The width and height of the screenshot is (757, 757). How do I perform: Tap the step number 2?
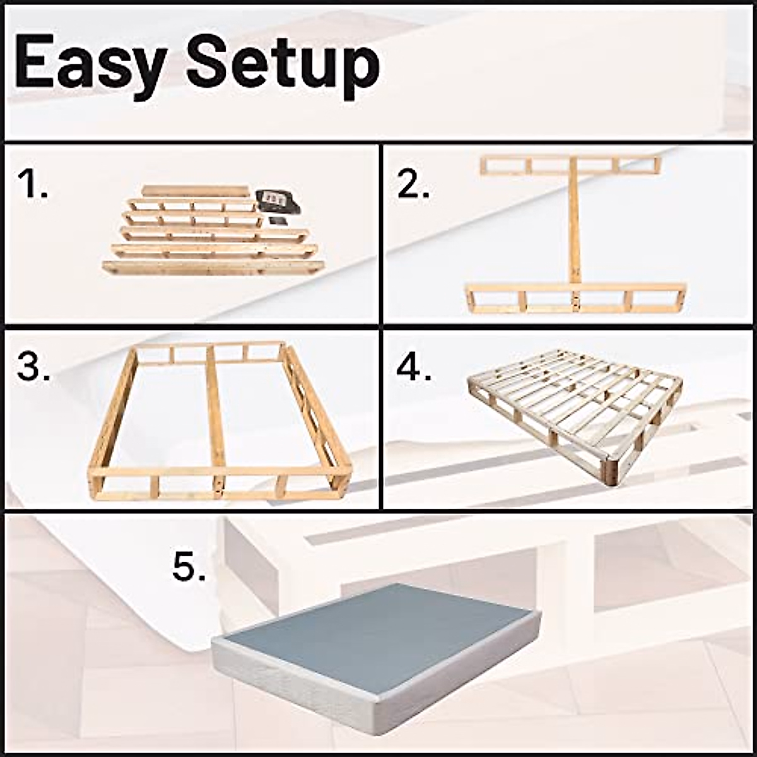[x=413, y=184]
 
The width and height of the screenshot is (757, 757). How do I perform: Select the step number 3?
[x=33, y=367]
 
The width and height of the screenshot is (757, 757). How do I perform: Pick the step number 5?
[x=189, y=568]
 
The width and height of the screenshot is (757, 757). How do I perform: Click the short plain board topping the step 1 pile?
[x=196, y=191]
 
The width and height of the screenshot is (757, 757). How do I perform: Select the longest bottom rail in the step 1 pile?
[x=213, y=267]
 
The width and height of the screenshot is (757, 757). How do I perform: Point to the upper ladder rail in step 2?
[x=570, y=165]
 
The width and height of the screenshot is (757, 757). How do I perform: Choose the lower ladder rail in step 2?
[x=575, y=298]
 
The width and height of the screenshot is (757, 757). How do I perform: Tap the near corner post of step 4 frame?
[x=610, y=470]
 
